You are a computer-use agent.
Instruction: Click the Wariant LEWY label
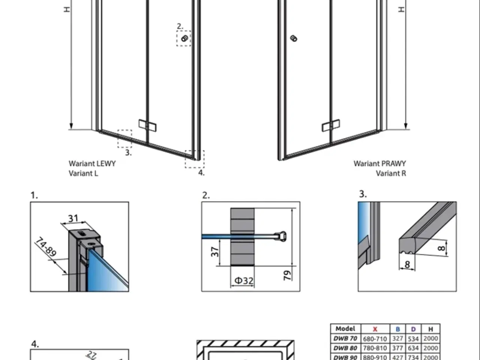[92, 163]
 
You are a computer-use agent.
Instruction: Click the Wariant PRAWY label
[380, 163]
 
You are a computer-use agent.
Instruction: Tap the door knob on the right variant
[294, 39]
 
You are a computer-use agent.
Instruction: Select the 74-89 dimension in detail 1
[46, 247]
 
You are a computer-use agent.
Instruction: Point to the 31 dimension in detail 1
[73, 218]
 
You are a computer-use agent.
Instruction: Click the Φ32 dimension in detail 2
[244, 280]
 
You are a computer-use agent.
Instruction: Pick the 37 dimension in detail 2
[215, 252]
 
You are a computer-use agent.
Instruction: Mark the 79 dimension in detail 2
[287, 275]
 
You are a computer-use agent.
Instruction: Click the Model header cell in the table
[345, 328]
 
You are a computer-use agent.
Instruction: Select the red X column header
[375, 329]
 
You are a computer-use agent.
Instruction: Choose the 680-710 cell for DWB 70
[375, 339]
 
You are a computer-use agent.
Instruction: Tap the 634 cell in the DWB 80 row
[413, 348]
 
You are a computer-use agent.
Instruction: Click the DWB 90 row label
[345, 357]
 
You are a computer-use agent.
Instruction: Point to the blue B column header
[398, 329]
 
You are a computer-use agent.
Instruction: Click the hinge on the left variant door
[148, 126]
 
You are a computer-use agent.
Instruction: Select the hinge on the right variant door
[331, 126]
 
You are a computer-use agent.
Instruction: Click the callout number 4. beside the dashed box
[201, 172]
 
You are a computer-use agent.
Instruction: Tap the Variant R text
[391, 173]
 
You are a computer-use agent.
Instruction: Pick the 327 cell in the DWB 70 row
[397, 339]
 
